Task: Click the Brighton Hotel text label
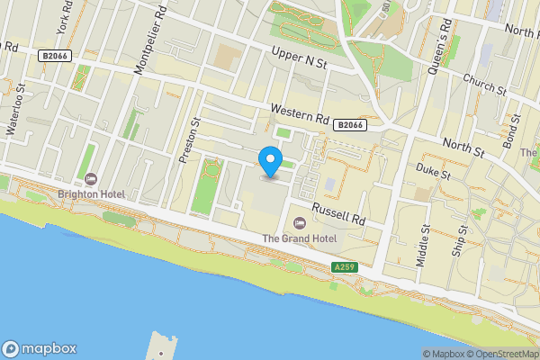91,193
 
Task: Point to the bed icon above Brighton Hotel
91,178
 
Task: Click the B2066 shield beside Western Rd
349,125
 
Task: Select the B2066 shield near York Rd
54,56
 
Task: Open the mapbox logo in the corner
39,348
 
